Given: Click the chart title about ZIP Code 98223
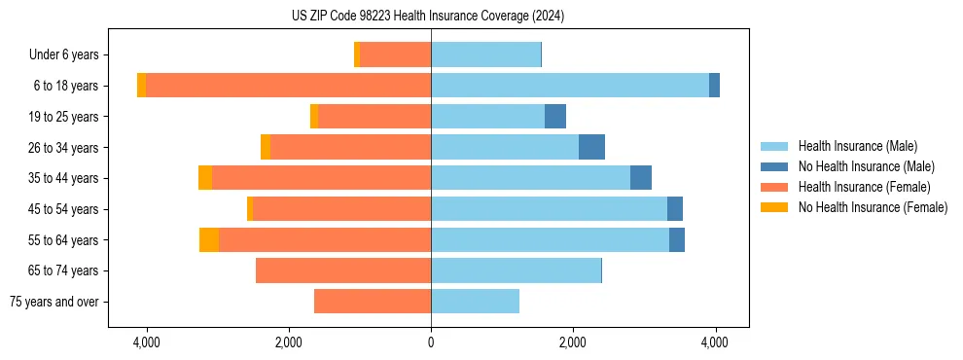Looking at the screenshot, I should (428, 16).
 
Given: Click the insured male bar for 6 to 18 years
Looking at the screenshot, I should (570, 86).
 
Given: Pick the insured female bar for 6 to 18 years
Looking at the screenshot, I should (288, 86).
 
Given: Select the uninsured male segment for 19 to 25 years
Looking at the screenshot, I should (555, 117).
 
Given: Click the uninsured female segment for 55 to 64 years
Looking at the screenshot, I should (209, 239).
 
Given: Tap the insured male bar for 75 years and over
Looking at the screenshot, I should (475, 302).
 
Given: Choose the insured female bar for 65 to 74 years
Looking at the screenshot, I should (343, 270).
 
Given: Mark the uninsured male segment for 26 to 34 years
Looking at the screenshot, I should (591, 148).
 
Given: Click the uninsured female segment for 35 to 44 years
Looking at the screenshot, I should (205, 178).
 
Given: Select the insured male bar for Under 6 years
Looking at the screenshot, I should (485, 54).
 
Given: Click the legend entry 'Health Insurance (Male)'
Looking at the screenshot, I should (857, 146).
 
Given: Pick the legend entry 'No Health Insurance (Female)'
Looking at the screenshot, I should (873, 207).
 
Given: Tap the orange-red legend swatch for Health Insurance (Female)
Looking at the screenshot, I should (775, 187).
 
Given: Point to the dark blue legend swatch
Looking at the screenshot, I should (775, 166).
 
